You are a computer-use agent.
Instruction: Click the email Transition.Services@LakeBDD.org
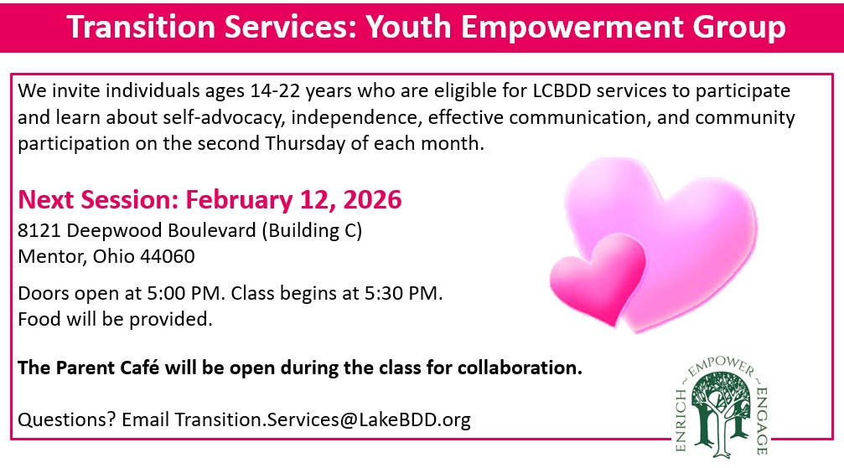pos(322,419)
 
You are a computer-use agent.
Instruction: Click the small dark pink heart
pos(597,277)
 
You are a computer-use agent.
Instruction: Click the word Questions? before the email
pos(67,419)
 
